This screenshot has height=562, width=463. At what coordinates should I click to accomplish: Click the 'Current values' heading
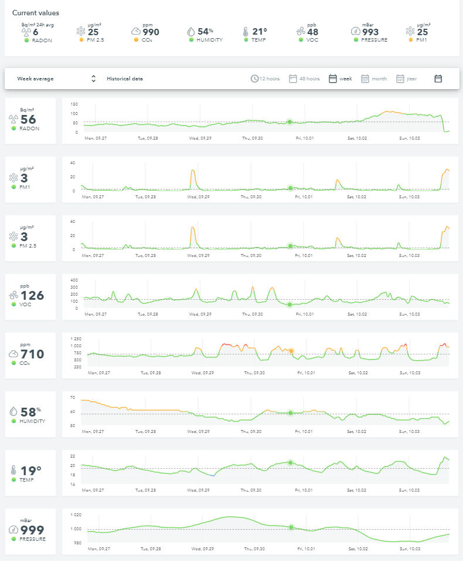(35, 13)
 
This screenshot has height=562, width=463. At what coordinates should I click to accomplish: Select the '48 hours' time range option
(304, 79)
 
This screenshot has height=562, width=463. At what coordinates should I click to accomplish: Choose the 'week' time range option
(341, 79)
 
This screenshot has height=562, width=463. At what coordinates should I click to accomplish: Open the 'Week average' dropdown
(56, 79)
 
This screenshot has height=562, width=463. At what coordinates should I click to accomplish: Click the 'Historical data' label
(124, 79)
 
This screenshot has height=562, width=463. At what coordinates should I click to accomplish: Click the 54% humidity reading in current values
(205, 32)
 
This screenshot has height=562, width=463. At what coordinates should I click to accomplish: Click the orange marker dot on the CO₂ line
(291, 351)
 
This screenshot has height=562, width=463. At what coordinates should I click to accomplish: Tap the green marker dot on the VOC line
(290, 304)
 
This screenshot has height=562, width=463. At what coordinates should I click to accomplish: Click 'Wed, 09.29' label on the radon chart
(200, 138)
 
